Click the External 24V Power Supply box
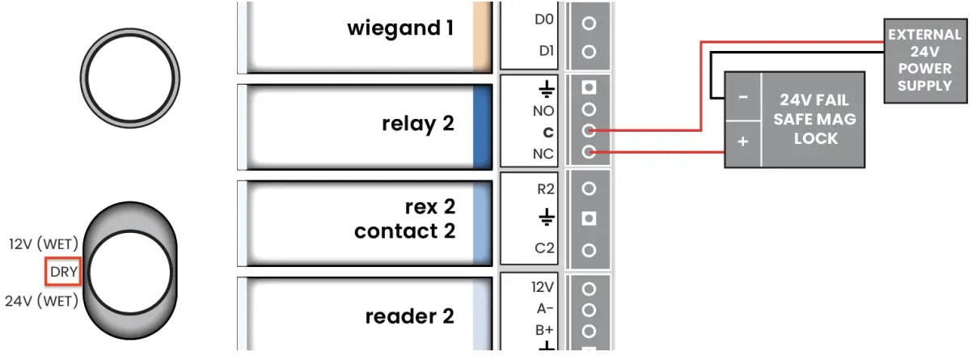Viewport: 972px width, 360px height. tap(925, 61)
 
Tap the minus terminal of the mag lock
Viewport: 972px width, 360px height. tap(743, 96)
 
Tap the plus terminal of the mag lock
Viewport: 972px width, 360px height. tap(743, 141)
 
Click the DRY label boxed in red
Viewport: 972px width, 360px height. tap(63, 273)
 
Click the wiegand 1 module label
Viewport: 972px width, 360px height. tap(399, 29)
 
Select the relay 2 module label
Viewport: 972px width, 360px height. tap(417, 125)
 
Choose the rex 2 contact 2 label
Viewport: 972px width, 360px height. tap(405, 219)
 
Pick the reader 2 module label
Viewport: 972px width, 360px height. tap(409, 316)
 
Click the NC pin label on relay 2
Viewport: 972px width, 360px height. tap(543, 152)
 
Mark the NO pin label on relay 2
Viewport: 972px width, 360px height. tap(543, 110)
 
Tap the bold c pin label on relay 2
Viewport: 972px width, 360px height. tap(548, 131)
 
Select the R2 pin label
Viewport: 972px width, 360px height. tap(545, 190)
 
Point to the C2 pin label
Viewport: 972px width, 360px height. tap(544, 249)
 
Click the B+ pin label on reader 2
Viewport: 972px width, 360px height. tap(543, 330)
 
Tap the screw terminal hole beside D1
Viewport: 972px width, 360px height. tap(589, 52)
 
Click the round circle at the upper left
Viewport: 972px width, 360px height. tap(129, 79)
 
